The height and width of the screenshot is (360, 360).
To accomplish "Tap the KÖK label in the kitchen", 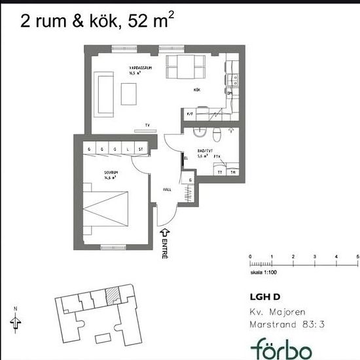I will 196,89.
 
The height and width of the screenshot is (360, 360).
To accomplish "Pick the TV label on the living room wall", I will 147,124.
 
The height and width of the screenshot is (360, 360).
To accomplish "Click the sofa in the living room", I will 104,92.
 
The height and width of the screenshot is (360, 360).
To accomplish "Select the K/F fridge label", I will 189,115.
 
